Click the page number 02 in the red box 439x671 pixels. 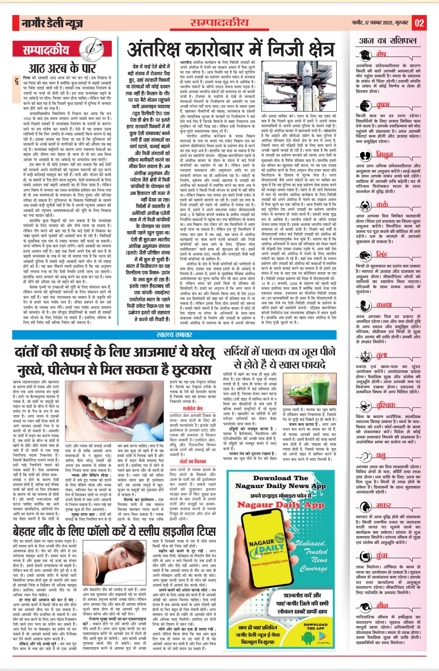click(419, 23)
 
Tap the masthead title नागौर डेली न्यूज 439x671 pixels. click(52, 24)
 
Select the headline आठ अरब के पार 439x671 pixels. click(62, 68)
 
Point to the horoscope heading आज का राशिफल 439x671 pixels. click(388, 41)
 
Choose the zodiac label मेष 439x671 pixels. click(381, 54)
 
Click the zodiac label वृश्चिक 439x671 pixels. click(385, 405)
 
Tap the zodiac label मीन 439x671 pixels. click(382, 605)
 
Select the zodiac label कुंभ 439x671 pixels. click(382, 555)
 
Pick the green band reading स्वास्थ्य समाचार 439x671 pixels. click(174, 335)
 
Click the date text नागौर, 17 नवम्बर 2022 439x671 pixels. click(380, 23)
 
